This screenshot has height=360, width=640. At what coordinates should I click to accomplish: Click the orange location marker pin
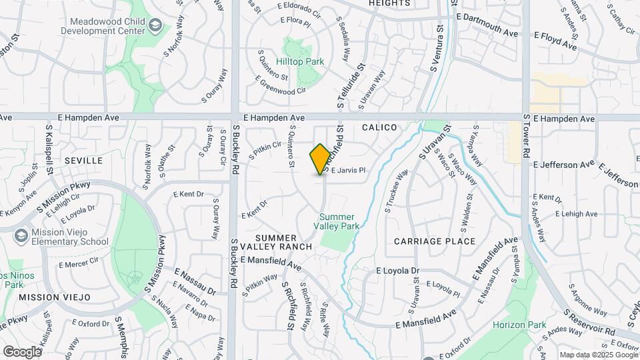(320, 159)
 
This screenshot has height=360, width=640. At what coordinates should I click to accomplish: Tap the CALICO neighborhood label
(379, 127)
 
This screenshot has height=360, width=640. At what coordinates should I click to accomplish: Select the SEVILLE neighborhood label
(84, 161)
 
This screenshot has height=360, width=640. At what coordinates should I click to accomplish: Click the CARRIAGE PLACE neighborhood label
(435, 241)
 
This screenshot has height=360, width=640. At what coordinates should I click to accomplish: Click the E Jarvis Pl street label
(349, 171)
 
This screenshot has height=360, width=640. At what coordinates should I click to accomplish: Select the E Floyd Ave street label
(555, 40)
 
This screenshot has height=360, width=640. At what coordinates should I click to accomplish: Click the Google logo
(22, 351)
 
